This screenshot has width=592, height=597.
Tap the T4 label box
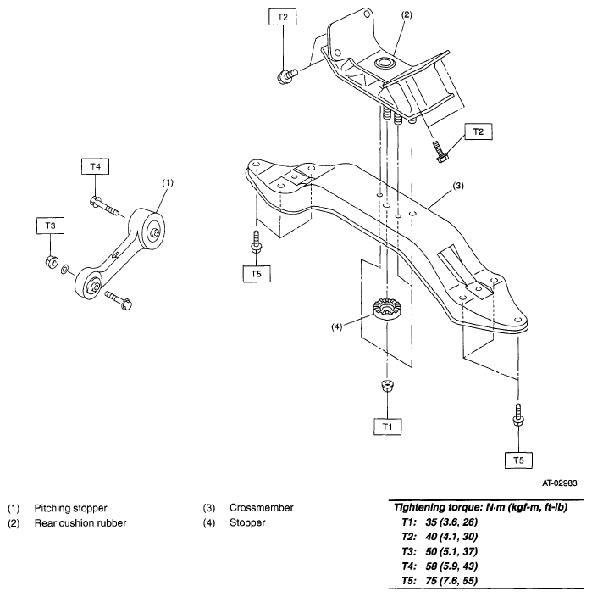click(95, 167)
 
